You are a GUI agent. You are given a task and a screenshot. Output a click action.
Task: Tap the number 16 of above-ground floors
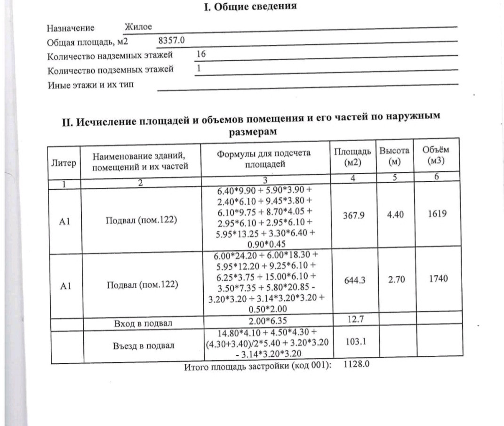pos(201,54)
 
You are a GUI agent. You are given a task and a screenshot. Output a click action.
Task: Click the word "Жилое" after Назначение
pos(138,27)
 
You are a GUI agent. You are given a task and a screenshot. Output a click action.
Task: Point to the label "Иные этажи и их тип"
pos(90,85)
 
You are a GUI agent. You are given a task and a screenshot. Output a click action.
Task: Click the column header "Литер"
pos(63,163)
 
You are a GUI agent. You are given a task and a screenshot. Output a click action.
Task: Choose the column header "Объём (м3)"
pos(435,156)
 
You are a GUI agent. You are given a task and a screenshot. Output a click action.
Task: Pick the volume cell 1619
pos(437,214)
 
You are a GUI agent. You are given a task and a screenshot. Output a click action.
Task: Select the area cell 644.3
pos(355,281)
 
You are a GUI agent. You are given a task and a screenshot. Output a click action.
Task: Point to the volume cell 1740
pos(438,279)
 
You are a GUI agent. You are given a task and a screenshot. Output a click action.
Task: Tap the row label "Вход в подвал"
pos(143,324)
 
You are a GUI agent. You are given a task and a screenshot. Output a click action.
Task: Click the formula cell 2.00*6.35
pos(266,322)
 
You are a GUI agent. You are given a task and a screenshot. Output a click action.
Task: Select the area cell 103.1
pos(356,342)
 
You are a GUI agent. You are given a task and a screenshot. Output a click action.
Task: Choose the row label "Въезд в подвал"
pos(144,346)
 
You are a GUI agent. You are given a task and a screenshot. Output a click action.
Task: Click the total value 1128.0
pos(356,364)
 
